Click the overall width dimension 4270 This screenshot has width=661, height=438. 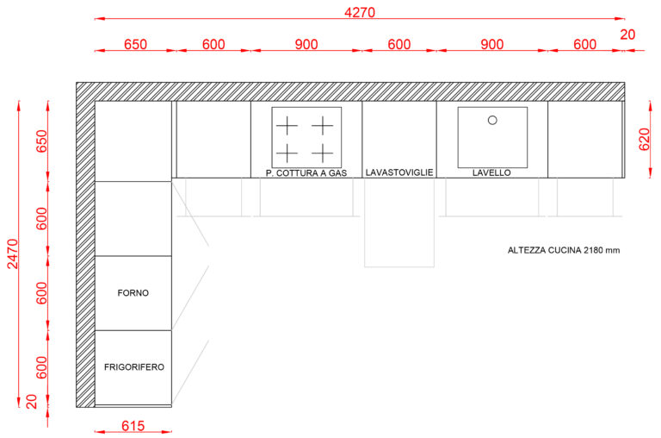360,12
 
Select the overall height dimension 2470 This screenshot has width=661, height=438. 13,253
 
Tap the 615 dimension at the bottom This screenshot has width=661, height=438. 133,426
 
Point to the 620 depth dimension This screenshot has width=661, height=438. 644,140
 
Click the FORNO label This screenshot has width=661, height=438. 133,292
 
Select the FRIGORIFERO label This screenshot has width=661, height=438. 134,367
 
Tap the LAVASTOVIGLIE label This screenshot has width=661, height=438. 399,172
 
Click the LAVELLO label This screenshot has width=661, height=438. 491,172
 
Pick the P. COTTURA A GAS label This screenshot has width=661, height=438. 306,172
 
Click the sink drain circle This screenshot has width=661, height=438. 492,121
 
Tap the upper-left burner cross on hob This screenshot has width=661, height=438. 287,125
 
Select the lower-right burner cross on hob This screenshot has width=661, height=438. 323,153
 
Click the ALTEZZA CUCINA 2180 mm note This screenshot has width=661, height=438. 564,250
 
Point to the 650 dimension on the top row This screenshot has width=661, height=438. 135,44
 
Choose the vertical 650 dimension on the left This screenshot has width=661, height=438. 41,141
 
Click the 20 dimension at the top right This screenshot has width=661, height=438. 627,34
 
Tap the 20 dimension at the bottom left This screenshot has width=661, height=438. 32,401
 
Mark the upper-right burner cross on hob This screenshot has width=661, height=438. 323,125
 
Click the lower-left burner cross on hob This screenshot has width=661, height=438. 287,153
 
